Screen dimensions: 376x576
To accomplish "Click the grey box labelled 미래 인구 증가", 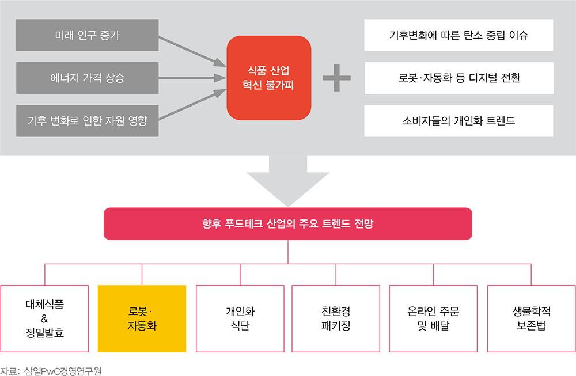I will coord(87,35).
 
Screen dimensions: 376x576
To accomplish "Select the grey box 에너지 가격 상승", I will coord(87,78).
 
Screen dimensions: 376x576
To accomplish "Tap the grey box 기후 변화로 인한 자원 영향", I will coord(87,120).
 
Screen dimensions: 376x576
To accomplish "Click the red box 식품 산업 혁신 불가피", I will coord(269,78).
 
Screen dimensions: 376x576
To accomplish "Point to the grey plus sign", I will coord(336,78).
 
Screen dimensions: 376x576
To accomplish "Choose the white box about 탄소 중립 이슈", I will coord(458,35).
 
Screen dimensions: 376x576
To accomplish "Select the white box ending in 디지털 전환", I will coord(458,78).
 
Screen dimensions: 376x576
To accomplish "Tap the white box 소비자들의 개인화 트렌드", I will coord(458,121).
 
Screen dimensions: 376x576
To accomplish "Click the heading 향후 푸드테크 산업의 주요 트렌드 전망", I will coord(288,223).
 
